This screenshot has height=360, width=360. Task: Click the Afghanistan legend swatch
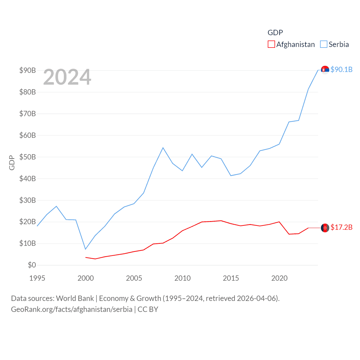click(271, 44)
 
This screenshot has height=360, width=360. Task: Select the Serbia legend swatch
click(324, 44)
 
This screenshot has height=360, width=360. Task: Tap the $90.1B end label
click(341, 69)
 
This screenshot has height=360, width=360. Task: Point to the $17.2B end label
click(341, 227)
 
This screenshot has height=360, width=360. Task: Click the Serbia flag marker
click(325, 70)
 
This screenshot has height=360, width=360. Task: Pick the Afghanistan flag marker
click(325, 228)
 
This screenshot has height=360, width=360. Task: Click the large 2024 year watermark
click(67, 77)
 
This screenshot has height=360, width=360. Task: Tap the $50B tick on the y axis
click(28, 157)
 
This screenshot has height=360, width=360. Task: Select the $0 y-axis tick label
click(32, 265)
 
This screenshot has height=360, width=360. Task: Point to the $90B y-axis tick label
click(28, 70)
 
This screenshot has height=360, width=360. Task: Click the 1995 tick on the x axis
click(37, 278)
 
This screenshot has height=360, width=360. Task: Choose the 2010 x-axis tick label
click(183, 278)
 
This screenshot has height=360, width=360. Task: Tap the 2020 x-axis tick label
click(279, 278)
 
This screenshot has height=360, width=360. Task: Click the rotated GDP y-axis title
click(12, 163)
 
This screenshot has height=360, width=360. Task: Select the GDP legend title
click(275, 33)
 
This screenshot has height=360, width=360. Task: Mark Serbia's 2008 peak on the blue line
click(163, 148)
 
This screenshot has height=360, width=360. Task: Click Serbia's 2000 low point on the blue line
click(85, 249)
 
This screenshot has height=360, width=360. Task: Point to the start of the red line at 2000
click(86, 257)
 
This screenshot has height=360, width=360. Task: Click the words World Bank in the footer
click(75, 298)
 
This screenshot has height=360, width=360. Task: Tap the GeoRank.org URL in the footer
click(71, 309)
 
